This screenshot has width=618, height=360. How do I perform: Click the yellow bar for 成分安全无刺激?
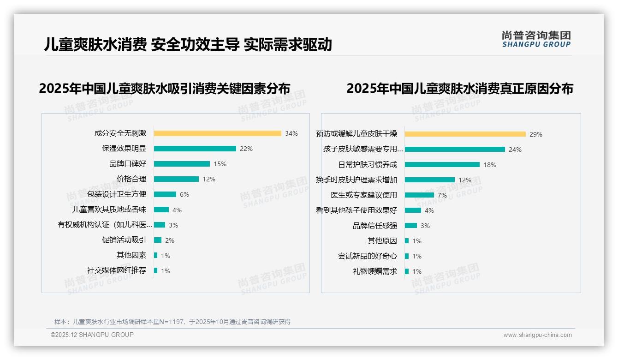tap(217, 133)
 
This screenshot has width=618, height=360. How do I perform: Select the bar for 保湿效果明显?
tap(195, 149)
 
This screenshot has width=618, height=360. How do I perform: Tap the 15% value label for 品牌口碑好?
tap(220, 164)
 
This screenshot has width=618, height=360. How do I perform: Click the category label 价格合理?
tap(131, 179)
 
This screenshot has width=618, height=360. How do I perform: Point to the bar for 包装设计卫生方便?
tap(165, 194)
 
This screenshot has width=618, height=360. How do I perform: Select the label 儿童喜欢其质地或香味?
tap(109, 210)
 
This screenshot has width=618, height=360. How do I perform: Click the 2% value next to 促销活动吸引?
tap(170, 240)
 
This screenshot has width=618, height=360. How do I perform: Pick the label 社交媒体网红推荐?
tap(117, 270)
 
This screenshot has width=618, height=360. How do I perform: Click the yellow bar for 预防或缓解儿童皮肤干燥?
tap(465, 134)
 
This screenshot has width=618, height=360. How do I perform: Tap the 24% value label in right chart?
tap(515, 150)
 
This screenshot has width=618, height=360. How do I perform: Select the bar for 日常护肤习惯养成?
tap(442, 165)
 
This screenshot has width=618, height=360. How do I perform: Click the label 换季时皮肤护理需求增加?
tap(356, 180)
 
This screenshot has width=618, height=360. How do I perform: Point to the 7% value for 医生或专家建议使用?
tap(442, 195)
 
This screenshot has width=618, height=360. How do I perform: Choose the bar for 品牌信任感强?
tap(410, 226)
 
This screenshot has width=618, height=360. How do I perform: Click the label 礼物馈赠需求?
tap(375, 271)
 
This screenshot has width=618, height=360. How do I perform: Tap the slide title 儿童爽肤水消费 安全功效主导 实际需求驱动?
tap(188, 44)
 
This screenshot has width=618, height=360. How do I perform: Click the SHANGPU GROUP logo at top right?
tap(536, 39)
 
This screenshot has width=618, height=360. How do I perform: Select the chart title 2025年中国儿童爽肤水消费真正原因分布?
tap(459, 89)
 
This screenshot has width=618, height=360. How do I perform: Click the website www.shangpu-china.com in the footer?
tap(537, 335)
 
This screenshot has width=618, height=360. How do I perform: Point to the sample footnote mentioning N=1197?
tap(172, 322)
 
